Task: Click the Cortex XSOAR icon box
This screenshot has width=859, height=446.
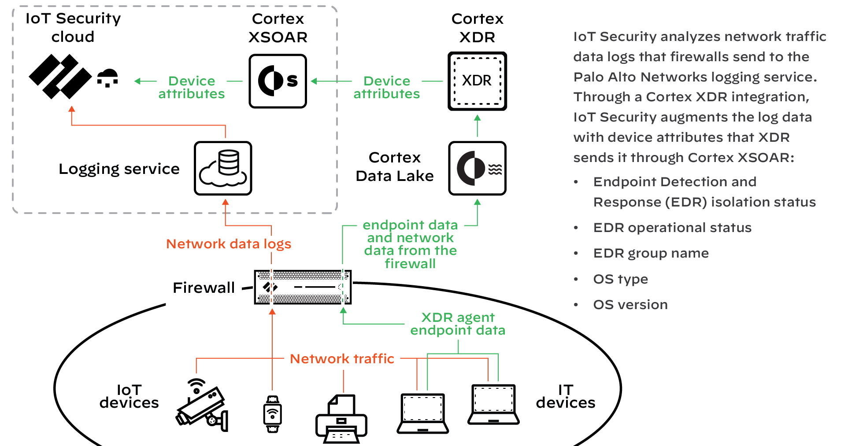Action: (x=278, y=81)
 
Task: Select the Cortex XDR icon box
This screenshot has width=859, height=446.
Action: (x=477, y=81)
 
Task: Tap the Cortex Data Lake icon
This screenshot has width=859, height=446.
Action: (x=477, y=168)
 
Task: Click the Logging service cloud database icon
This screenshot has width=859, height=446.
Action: (x=223, y=168)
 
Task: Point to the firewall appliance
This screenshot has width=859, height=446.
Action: (x=303, y=287)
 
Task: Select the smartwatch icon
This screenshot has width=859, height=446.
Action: (x=273, y=414)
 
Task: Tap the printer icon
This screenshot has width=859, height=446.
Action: (x=341, y=419)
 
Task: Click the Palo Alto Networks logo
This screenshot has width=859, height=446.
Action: (x=60, y=77)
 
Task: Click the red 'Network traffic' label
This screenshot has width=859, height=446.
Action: (x=342, y=359)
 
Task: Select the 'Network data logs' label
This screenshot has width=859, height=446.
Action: (x=229, y=244)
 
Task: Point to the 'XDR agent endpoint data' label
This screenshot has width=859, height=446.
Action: (x=458, y=324)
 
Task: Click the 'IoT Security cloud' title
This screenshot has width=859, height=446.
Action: (x=73, y=27)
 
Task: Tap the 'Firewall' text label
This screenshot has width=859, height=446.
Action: (x=204, y=288)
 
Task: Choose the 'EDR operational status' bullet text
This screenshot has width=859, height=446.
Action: (x=672, y=228)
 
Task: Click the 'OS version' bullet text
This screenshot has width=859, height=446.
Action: (x=630, y=305)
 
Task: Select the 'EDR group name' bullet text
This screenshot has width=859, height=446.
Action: (x=651, y=253)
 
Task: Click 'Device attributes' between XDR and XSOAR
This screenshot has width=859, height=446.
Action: (x=386, y=87)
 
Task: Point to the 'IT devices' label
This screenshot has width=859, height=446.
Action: (x=566, y=396)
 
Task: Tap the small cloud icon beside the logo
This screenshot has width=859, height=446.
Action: (x=107, y=78)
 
